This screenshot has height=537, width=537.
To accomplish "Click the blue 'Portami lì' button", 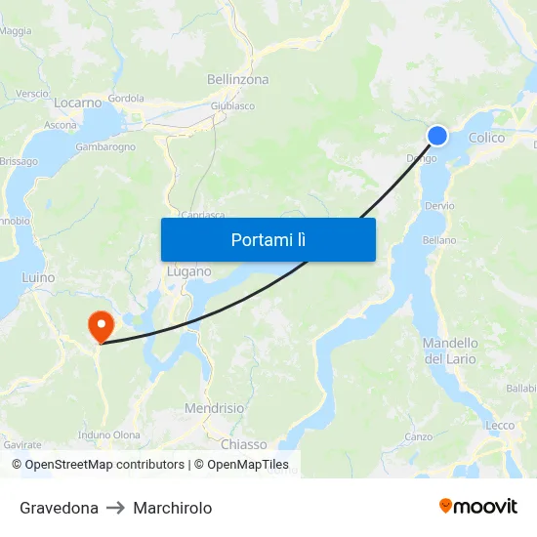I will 268,239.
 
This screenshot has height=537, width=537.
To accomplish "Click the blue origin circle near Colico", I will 437,136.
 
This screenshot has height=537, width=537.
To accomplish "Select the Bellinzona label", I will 237,79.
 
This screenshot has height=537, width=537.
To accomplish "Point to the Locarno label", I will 78,102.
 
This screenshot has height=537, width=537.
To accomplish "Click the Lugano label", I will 188,271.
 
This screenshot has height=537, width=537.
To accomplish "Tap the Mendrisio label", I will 214,408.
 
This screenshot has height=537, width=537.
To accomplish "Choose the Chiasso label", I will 243,444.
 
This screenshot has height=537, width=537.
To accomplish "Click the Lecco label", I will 500,425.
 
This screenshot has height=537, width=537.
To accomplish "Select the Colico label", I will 486,138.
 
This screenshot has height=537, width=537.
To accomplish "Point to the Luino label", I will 38,277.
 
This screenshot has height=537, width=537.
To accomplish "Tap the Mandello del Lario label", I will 450,351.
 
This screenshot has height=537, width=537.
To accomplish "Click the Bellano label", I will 438,240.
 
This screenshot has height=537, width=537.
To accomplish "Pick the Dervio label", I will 439,206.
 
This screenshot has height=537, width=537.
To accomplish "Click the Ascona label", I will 61,126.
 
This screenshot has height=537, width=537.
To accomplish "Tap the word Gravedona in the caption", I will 59,508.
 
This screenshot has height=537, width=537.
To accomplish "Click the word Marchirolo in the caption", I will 172,508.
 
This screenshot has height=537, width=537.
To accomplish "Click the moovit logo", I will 477,506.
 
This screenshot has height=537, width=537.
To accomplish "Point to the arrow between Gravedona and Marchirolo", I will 115,508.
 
